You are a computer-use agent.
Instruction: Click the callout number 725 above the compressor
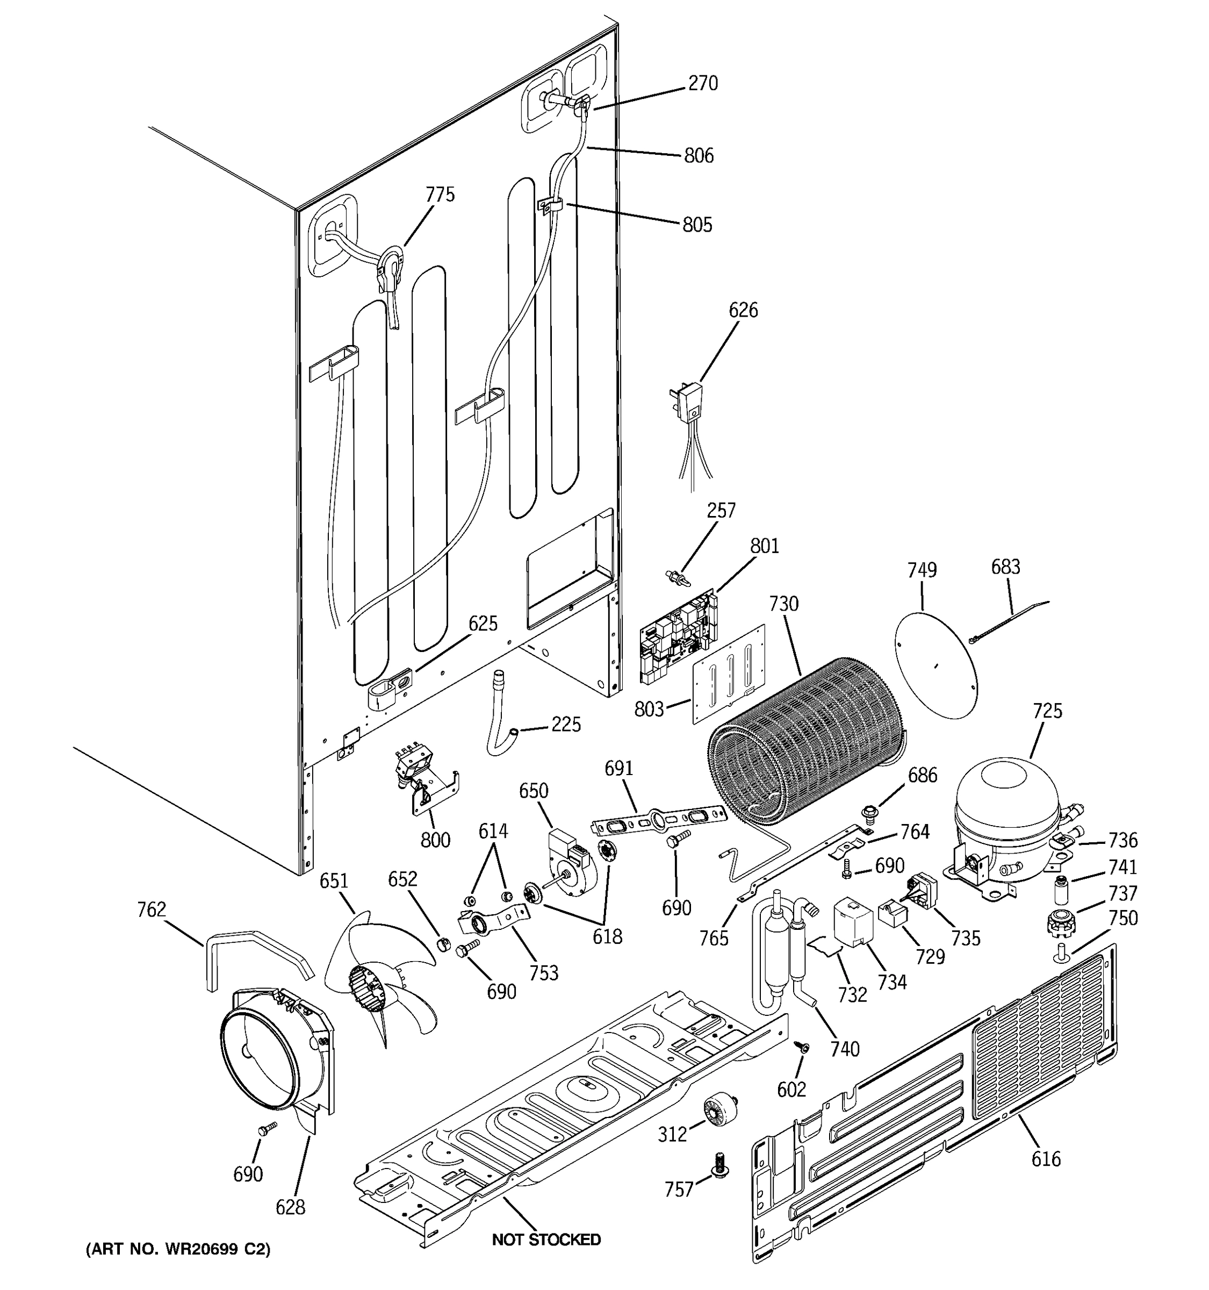pyautogui.click(x=1047, y=711)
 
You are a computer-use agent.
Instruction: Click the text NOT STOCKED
pyautogui.click(x=546, y=1239)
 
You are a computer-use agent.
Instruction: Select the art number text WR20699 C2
pyautogui.click(x=178, y=1249)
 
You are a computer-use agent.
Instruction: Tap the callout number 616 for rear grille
pyautogui.click(x=1046, y=1158)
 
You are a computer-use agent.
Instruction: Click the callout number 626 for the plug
pyautogui.click(x=743, y=310)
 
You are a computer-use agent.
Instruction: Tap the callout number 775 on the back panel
pyautogui.click(x=440, y=195)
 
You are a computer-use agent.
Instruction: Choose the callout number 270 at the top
pyautogui.click(x=703, y=84)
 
